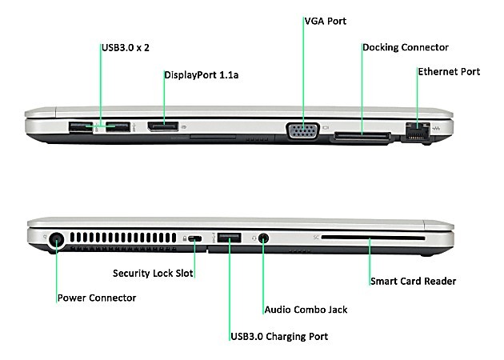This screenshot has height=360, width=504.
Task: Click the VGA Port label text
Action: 326,22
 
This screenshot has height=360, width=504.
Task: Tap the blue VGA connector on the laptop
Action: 302,131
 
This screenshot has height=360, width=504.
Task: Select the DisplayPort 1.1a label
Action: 202,75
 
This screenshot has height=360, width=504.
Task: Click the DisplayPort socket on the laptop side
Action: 163,126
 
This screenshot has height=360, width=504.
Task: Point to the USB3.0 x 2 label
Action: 126,48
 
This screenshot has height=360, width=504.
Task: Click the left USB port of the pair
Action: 81,126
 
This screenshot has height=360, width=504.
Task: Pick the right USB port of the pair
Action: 118,126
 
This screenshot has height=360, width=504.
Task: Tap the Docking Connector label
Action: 406,47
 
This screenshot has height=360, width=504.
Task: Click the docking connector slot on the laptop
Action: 362,136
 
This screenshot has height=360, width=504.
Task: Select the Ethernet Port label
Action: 449,72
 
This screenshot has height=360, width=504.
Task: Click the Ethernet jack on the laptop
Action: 418,130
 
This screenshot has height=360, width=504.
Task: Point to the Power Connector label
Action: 97,298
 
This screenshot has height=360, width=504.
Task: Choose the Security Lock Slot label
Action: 153,274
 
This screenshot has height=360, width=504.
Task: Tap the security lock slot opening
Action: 194,239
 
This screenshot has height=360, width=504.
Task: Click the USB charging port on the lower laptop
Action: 229,238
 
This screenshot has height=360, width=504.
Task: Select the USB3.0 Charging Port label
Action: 279,337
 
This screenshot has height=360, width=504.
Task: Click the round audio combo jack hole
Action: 263,238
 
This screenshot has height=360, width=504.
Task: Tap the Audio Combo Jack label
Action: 306,310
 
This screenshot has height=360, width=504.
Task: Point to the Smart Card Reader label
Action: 414,282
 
